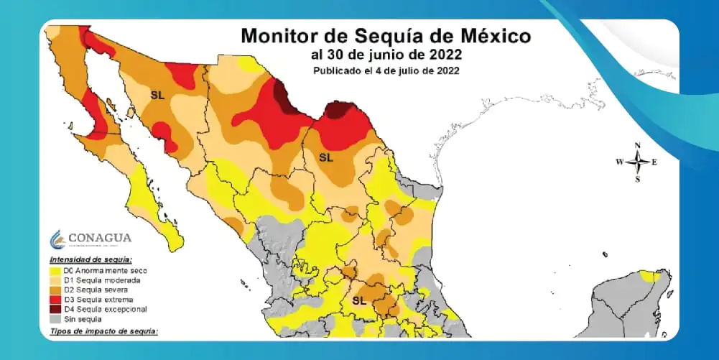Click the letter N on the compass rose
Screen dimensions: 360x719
(x=637, y=145)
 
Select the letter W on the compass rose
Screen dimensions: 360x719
(x=618, y=162)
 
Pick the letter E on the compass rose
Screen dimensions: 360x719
(x=654, y=162)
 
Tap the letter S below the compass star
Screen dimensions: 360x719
(x=637, y=179)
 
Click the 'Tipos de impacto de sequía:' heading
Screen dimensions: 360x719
(x=103, y=331)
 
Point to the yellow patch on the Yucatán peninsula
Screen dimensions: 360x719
(x=651, y=276)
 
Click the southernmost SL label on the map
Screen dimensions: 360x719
(x=359, y=300)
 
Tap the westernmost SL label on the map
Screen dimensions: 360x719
(x=157, y=94)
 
